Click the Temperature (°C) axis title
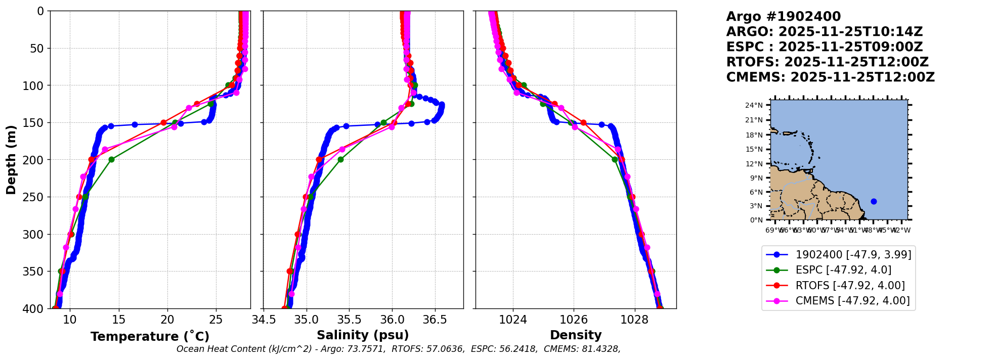point(150,337)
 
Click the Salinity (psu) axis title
point(363,335)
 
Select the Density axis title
point(576,335)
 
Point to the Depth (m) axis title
point(11,160)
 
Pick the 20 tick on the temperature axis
point(167,320)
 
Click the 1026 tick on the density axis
point(574,320)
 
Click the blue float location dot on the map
point(874,201)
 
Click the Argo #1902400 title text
point(783,17)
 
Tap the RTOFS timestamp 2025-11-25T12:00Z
point(856,62)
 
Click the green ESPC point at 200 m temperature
point(111,160)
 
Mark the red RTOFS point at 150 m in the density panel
point(583,123)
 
